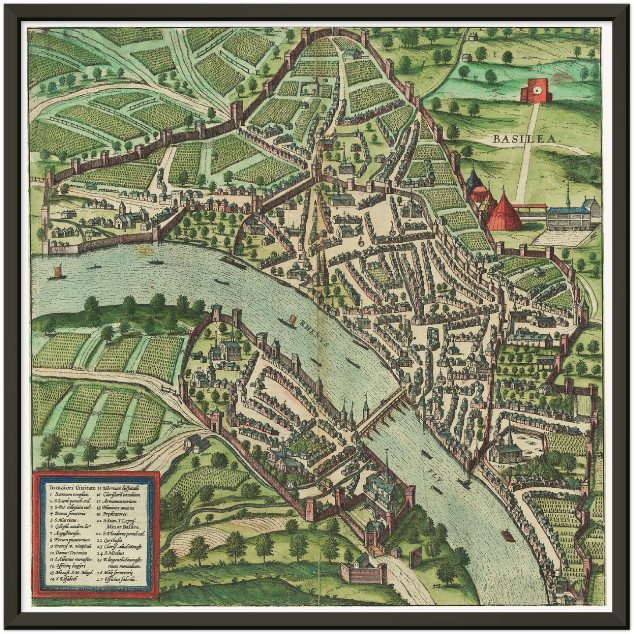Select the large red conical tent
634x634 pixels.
tap(504, 212)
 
